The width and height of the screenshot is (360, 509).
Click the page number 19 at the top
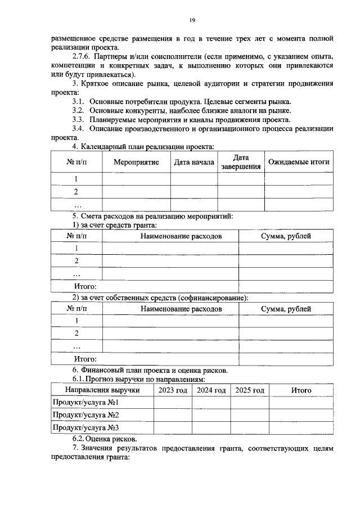click(x=192, y=20)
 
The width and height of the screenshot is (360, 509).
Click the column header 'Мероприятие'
click(x=136, y=163)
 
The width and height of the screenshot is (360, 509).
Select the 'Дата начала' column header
click(x=194, y=163)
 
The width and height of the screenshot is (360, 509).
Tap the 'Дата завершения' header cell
click(x=241, y=162)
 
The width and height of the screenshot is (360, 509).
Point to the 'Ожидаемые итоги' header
click(x=299, y=163)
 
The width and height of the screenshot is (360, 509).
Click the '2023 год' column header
click(x=173, y=390)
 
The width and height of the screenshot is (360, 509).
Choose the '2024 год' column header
click(x=211, y=390)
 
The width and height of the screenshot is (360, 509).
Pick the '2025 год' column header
click(x=250, y=390)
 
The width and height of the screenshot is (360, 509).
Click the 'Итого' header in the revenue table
click(x=301, y=390)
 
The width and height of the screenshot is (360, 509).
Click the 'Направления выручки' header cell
click(x=102, y=390)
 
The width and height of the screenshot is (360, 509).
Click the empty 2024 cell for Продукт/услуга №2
click(x=211, y=416)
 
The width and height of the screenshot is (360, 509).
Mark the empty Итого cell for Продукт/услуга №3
click(x=301, y=428)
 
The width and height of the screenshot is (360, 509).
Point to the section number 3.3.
click(x=78, y=120)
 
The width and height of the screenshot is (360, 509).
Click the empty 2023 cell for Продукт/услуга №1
click(x=173, y=403)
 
